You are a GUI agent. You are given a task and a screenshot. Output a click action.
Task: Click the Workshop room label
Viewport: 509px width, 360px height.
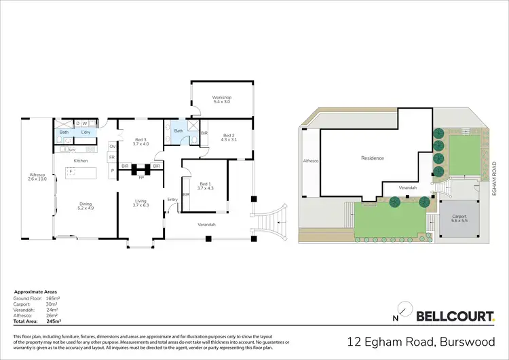point(222,99)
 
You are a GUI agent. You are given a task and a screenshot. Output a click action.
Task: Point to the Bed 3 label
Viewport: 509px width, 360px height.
point(140,141)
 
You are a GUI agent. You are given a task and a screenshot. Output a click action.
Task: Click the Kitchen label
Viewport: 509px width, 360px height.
point(81,160)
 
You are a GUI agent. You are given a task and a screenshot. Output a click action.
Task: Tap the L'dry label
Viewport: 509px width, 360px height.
point(86,132)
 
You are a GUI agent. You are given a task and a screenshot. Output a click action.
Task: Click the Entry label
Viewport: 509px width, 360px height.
point(172,199)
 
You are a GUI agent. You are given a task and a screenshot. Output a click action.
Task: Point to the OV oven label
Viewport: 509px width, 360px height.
point(113,145)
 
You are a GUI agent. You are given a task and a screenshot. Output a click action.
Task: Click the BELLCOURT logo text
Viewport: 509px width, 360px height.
point(455,316)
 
